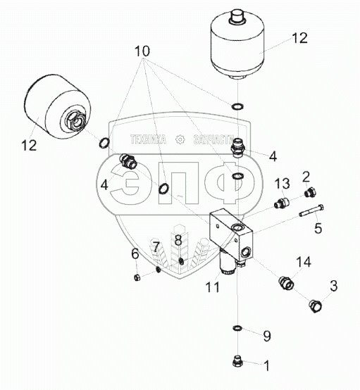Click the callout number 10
pyautogui.click(x=142, y=51)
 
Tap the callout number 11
pyautogui.click(x=212, y=287)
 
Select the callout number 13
pyautogui.click(x=282, y=184)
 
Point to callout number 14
pyautogui.click(x=304, y=262)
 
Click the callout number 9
pyautogui.click(x=267, y=336)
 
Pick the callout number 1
pyautogui.click(x=266, y=366)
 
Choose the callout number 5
pyautogui.click(x=318, y=228)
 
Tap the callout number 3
pyautogui.click(x=334, y=286)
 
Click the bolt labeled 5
pyautogui.click(x=311, y=210)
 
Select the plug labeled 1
pyautogui.click(x=237, y=362)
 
